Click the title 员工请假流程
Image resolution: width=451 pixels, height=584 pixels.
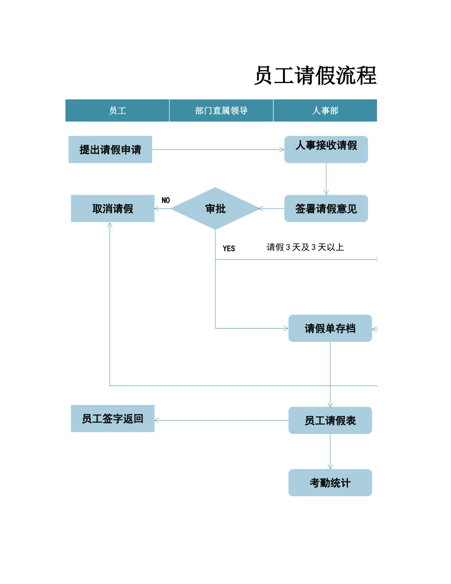tap(315, 76)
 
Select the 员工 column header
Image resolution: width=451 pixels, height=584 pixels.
tap(117, 111)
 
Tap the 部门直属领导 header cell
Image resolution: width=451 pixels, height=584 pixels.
tap(221, 111)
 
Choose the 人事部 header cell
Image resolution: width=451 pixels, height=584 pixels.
tap(325, 111)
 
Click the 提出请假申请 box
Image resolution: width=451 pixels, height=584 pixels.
tap(110, 150)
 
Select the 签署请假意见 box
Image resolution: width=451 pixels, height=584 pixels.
tap(326, 208)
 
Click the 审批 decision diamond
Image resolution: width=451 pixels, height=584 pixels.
tap(215, 208)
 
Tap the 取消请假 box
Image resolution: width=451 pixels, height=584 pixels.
tap(113, 208)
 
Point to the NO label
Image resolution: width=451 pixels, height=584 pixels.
tap(166, 200)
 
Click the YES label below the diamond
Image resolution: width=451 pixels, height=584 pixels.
tap(229, 248)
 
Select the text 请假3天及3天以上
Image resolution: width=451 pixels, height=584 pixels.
tap(305, 247)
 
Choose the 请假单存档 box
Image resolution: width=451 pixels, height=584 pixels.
tap(330, 328)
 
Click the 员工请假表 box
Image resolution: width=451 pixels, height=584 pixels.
tap(330, 420)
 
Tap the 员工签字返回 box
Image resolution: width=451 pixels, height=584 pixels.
tap(113, 418)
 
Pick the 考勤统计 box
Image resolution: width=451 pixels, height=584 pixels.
tap(330, 483)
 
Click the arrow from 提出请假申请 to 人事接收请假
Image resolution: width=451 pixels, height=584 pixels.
tap(218, 150)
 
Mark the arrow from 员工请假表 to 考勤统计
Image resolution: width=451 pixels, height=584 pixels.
tap(330, 452)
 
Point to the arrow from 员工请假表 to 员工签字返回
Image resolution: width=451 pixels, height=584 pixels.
tap(221, 420)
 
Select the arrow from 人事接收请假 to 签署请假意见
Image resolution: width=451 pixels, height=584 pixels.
tap(326, 179)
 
